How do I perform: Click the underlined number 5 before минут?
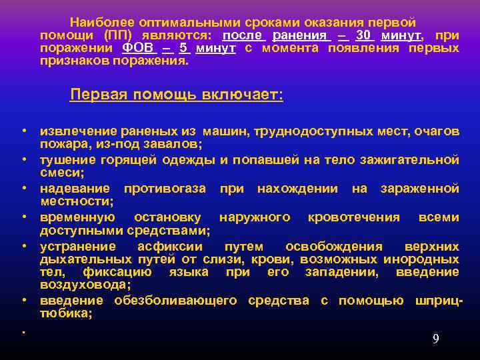click(x=183, y=49)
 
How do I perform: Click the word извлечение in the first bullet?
click(x=78, y=132)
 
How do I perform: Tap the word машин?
click(x=225, y=132)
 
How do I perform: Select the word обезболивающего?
click(x=175, y=301)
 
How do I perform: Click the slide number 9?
click(x=435, y=339)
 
